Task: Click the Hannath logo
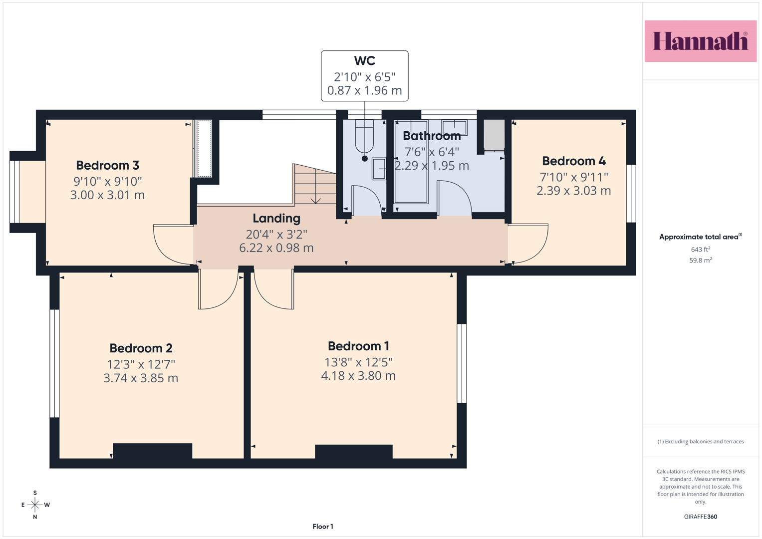(x=701, y=41)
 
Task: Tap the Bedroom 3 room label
(x=107, y=165)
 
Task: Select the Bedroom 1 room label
(x=358, y=346)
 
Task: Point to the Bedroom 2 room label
(x=141, y=348)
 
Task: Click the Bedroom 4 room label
(x=574, y=161)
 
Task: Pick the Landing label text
(x=276, y=219)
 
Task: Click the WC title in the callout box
(x=365, y=60)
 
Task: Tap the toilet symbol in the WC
(x=364, y=136)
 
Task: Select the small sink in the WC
(x=379, y=169)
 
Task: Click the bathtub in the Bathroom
(x=411, y=162)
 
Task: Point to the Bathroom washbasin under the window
(x=454, y=128)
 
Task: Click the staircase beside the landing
(x=315, y=184)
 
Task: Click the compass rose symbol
(x=35, y=505)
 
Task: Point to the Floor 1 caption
(x=323, y=527)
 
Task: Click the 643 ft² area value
(x=701, y=249)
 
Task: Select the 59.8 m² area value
(x=701, y=260)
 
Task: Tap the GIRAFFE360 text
(x=701, y=517)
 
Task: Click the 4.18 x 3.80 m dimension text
(x=358, y=376)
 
